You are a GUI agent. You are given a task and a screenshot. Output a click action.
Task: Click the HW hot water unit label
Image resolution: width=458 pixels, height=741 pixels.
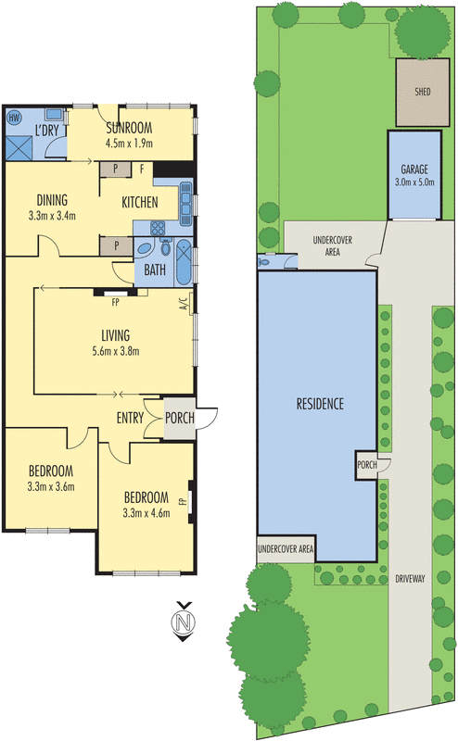tap(14, 118)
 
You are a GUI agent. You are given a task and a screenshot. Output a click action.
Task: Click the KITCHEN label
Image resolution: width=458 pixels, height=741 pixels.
tap(139, 202)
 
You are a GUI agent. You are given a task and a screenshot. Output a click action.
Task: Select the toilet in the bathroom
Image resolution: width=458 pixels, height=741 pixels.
tap(166, 247)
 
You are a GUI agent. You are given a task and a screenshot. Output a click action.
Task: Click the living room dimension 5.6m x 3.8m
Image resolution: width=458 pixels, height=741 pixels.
tap(114, 351)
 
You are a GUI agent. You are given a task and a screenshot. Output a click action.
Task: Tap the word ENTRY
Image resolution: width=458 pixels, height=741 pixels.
tap(131, 419)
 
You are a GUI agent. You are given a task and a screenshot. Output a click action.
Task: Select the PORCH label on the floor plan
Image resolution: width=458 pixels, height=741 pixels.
tap(180, 419)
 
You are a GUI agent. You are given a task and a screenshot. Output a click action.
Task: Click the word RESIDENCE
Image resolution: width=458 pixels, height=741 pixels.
tap(320, 404)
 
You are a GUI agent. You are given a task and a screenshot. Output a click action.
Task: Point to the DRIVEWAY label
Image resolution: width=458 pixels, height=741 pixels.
tap(409, 579)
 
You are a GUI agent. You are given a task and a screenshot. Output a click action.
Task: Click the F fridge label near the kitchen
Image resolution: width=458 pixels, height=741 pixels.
tap(141, 169)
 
